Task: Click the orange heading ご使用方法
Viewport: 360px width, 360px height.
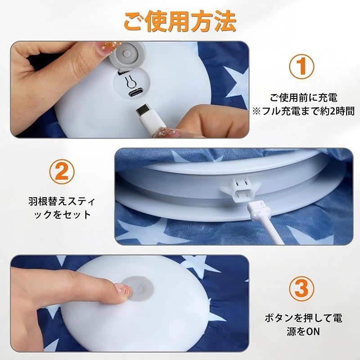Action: [x=180, y=22]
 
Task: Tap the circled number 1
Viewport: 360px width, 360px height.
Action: [x=301, y=66]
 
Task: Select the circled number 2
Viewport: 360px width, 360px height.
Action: [x=62, y=171]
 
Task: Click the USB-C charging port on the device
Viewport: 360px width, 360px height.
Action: [x=135, y=94]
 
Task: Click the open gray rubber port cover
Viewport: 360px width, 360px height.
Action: [x=127, y=55]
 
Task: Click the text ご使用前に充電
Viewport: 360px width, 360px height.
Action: [x=304, y=98]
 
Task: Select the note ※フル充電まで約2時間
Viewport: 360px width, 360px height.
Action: [x=303, y=111]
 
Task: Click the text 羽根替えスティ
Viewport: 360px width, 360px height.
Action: [x=62, y=201]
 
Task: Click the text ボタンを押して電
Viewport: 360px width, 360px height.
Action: [x=303, y=318]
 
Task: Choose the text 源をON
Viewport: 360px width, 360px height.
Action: [x=303, y=332]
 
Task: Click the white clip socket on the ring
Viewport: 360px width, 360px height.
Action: [x=240, y=189]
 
